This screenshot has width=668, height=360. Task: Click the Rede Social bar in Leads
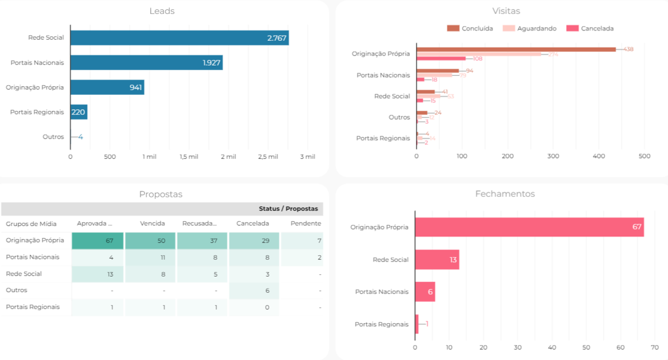click(179, 38)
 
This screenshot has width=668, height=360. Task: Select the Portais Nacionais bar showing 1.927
click(146, 63)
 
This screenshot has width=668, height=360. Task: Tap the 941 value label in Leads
click(136, 87)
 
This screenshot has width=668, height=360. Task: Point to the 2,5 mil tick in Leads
click(268, 156)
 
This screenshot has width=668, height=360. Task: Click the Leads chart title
click(162, 11)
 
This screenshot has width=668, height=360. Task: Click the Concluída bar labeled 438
click(516, 49)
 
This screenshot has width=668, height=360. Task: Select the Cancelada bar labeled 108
click(441, 58)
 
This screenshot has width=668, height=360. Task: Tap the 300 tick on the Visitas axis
click(553, 156)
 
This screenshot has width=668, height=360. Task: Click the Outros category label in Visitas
click(399, 117)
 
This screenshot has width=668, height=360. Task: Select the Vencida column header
click(152, 223)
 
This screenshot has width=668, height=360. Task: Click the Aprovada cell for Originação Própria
click(97, 240)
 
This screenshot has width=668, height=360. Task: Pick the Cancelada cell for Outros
click(254, 290)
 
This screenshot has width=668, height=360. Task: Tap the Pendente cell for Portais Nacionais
click(302, 257)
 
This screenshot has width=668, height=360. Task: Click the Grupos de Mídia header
click(31, 224)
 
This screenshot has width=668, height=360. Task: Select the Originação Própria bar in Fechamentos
click(529, 227)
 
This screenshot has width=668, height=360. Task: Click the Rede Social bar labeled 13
click(437, 260)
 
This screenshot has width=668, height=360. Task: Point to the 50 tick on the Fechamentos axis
click(586, 347)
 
